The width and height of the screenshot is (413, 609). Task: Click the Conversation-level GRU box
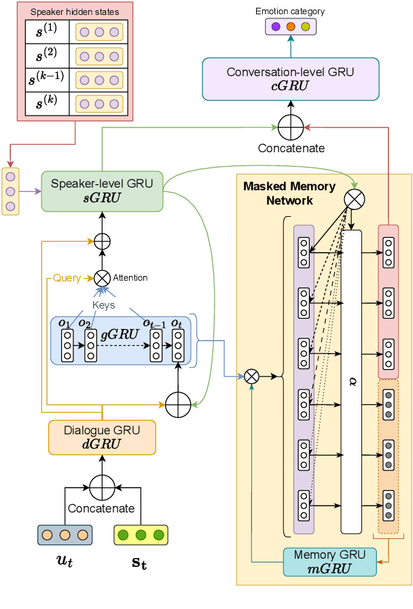coord(290,78)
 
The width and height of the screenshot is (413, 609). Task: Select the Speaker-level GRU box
coord(101,190)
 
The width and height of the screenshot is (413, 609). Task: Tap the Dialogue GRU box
coord(102,437)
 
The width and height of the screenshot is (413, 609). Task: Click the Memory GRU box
coord(329,561)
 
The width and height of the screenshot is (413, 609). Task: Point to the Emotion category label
coord(290,12)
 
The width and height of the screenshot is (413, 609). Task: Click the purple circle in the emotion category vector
coord(276,27)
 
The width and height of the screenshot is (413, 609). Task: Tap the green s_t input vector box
coord(141,535)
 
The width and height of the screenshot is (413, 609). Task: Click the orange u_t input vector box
coord(65,535)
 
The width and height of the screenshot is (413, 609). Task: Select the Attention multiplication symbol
coord(102,277)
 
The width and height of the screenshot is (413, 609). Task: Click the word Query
coord(67,278)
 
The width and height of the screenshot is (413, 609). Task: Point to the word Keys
coord(103,305)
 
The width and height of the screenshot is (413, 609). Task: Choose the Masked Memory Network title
coord(289,193)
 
